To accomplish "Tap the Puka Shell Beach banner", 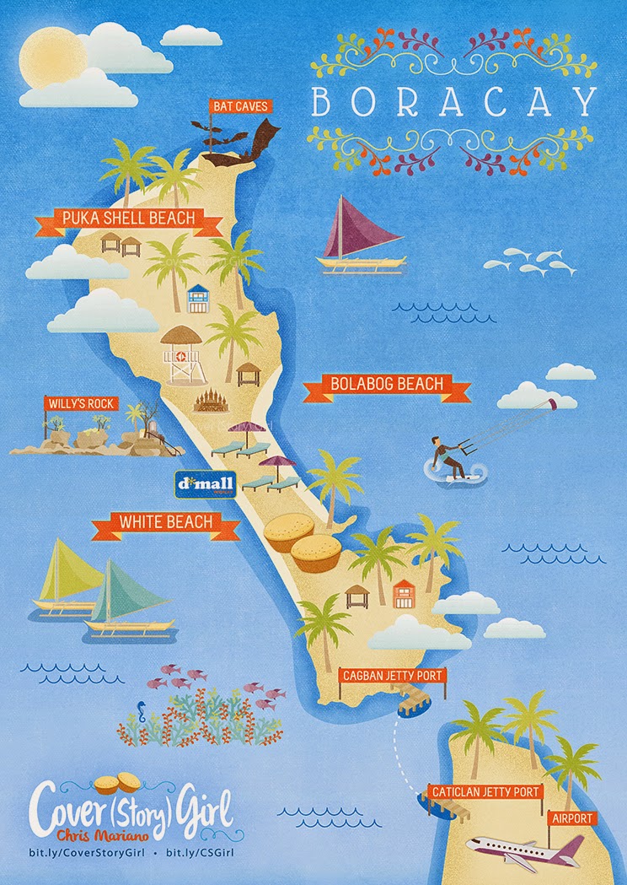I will pyautogui.click(x=129, y=219).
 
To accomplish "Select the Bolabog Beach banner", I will pyautogui.click(x=387, y=385).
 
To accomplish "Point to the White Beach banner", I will pyautogui.click(x=166, y=523).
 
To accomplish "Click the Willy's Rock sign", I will pyautogui.click(x=82, y=404).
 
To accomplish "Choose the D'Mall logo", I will pyautogui.click(x=206, y=483).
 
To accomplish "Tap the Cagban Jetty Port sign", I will pyautogui.click(x=392, y=675).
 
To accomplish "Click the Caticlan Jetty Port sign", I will pyautogui.click(x=484, y=792).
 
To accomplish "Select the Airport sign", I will pyautogui.click(x=573, y=818).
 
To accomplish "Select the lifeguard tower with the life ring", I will pyautogui.click(x=185, y=355).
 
